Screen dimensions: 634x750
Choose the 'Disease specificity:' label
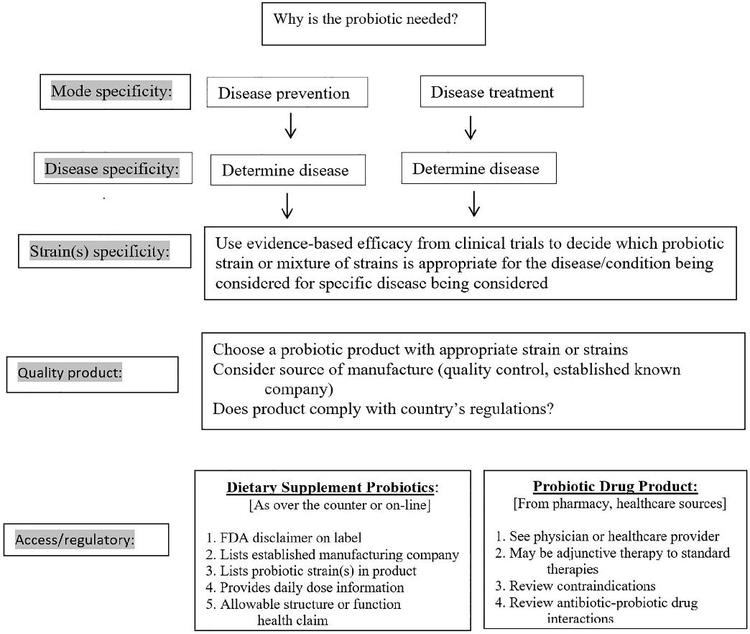(112, 168)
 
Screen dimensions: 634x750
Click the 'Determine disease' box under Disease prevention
(286, 170)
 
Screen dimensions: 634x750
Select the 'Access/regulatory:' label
(86, 539)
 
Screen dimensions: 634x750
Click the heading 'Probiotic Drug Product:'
(615, 487)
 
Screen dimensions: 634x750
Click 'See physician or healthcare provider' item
(606, 536)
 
